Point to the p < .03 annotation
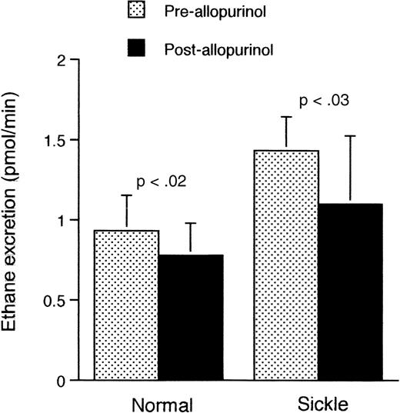(320, 101)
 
